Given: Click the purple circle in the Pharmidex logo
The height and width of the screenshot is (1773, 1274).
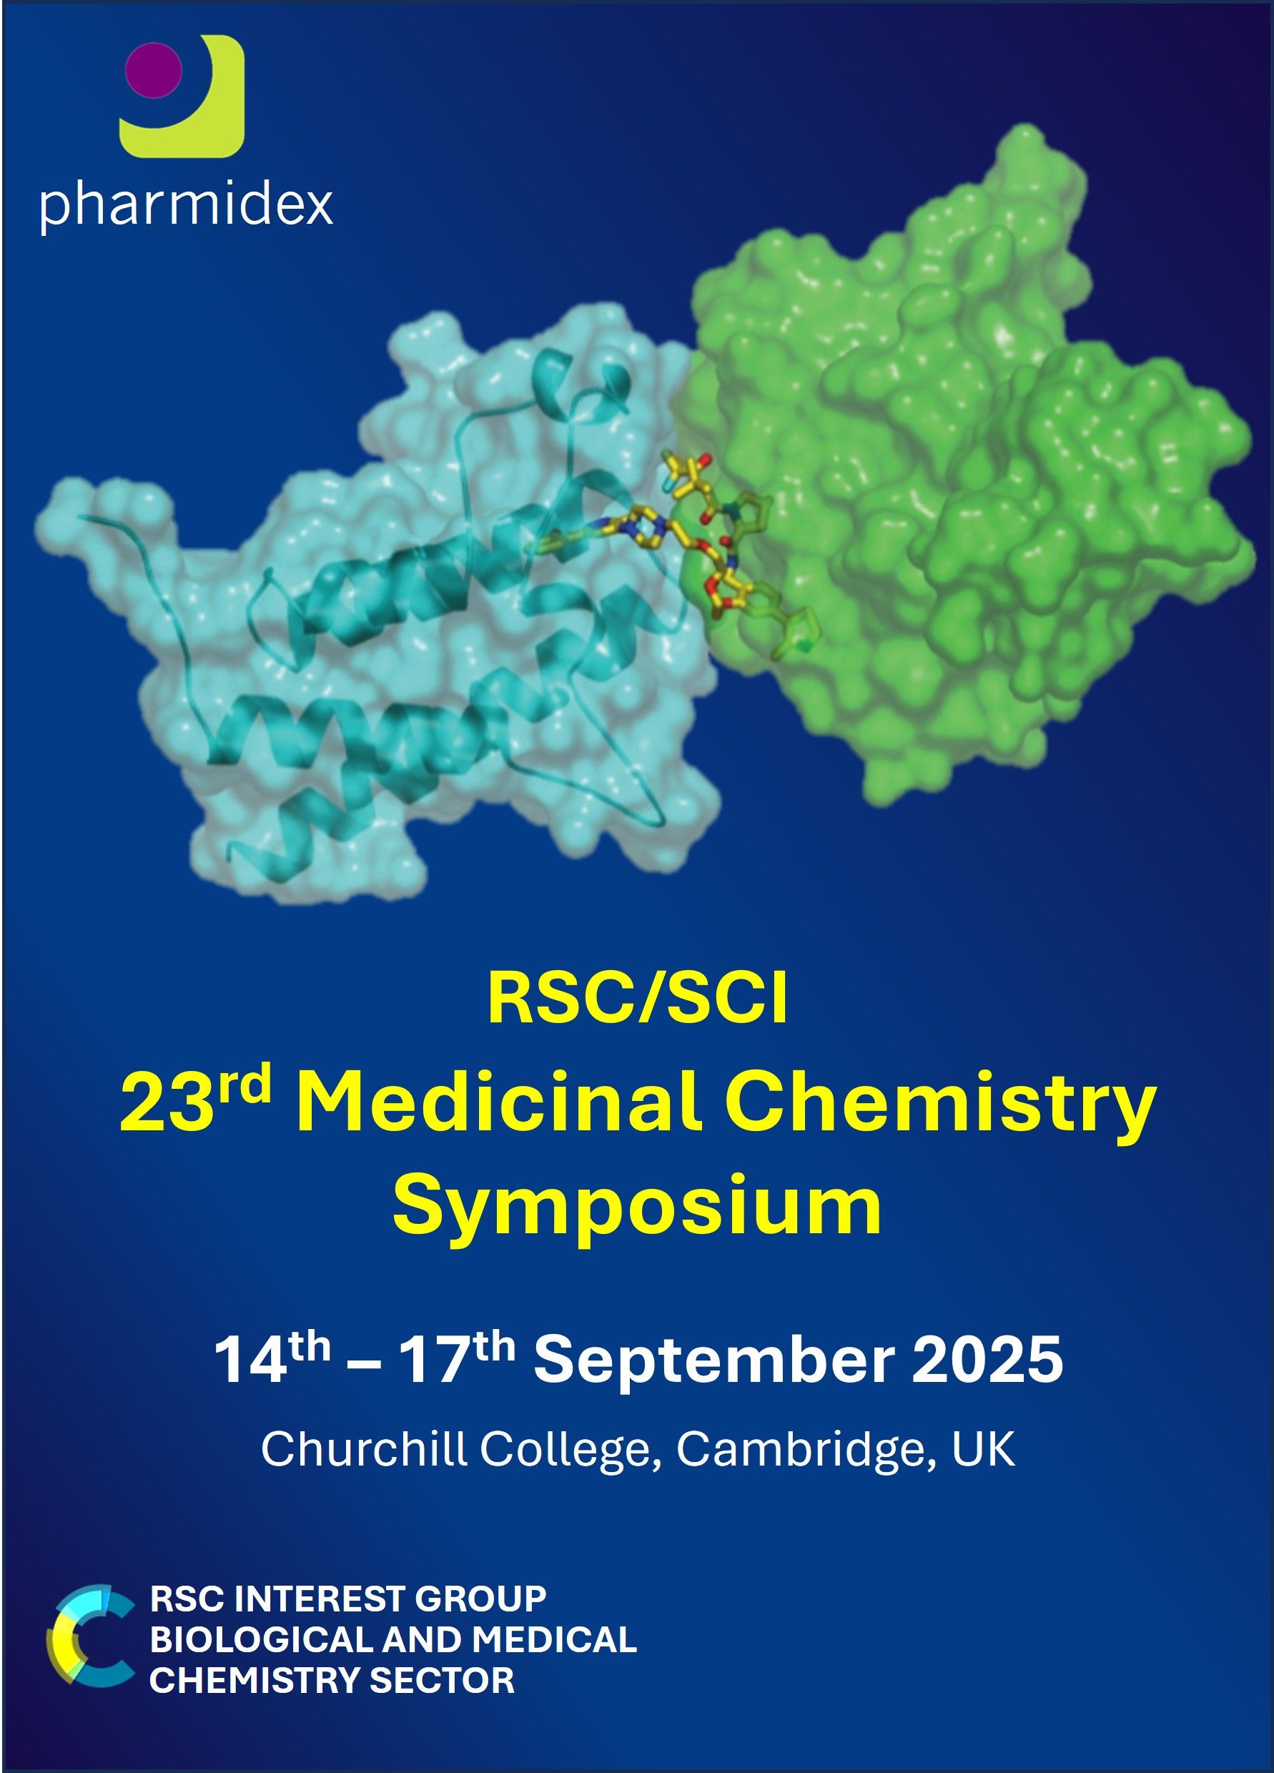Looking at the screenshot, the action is (154, 70).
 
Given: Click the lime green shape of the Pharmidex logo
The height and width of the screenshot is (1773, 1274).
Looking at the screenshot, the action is (187, 102).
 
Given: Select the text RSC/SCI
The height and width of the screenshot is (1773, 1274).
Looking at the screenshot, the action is (638, 1001).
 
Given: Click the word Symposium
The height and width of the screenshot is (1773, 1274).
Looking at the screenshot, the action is (637, 1210).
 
